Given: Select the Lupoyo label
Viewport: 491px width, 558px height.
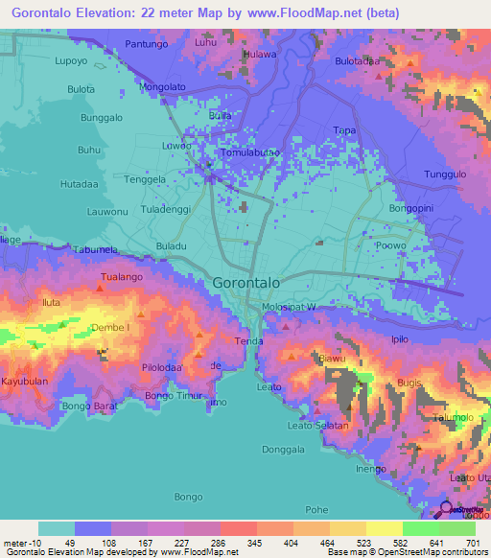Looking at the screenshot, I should (x=45, y=59).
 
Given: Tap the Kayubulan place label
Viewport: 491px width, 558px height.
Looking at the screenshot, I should (x=24, y=381).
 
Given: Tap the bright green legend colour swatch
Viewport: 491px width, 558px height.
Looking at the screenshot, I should (x=420, y=528).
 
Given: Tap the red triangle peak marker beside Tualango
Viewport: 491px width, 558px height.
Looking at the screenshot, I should (x=101, y=287).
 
